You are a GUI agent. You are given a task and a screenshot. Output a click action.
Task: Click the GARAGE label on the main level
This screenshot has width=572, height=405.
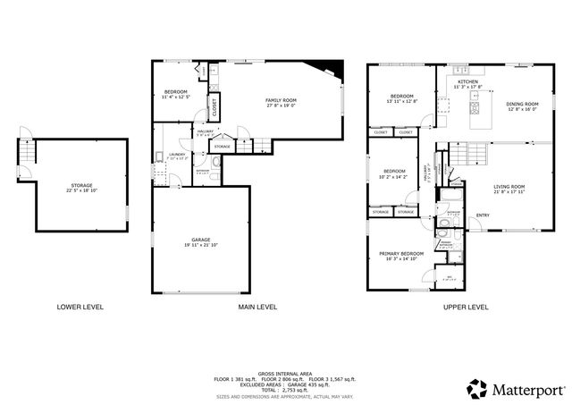click(x=199, y=240)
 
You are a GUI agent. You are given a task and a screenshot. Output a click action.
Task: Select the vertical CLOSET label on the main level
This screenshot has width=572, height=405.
click(x=214, y=107)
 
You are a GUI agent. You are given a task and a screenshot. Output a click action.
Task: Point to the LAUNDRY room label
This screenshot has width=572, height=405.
click(x=175, y=155)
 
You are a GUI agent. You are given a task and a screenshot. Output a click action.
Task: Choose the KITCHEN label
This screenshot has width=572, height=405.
click(x=467, y=81)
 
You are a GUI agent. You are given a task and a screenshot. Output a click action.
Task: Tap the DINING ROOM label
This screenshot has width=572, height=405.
click(x=522, y=104)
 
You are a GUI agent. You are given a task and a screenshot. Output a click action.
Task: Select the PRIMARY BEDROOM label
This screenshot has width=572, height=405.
click(x=399, y=254)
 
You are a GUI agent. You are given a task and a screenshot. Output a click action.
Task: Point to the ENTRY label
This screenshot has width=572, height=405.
click(x=483, y=215)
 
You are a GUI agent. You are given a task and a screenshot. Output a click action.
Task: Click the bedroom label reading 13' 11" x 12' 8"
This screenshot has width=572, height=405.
click(x=401, y=100)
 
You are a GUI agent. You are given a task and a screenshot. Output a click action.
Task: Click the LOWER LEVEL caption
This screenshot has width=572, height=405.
click(x=80, y=307)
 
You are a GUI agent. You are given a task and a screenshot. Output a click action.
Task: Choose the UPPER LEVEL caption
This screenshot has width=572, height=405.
click(x=466, y=307)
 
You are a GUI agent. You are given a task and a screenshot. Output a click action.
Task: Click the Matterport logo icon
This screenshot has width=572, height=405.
click(x=477, y=388)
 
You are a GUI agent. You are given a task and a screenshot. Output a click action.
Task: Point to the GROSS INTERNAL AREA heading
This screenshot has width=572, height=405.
click(x=284, y=373)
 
